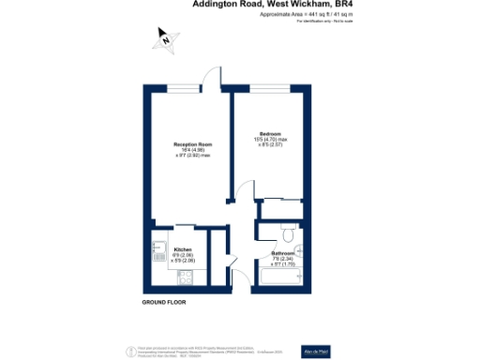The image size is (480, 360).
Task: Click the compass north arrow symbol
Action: pos(165,39)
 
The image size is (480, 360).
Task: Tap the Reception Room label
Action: pos(192,143)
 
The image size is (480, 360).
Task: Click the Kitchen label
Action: pos(157,248)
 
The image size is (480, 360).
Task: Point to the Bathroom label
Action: pos(284,253)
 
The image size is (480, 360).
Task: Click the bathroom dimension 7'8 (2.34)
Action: pos(283,260)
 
